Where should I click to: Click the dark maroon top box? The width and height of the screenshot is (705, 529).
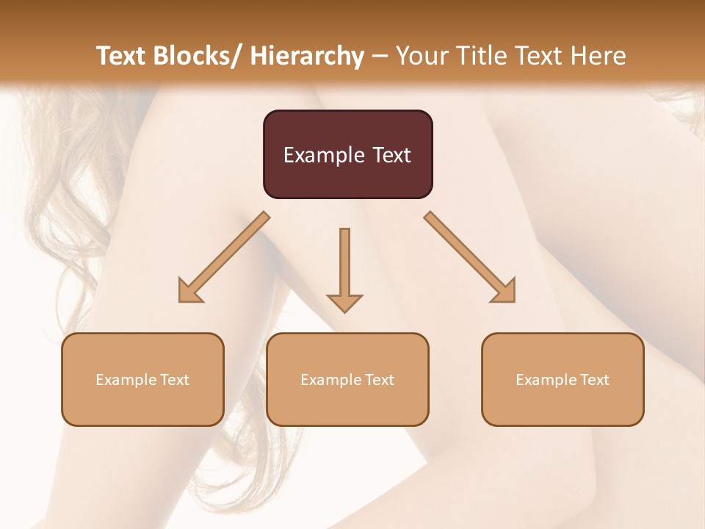pos(347,154)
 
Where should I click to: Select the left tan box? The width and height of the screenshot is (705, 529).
pos(142,379)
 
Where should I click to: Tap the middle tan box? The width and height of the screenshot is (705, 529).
pos(347,379)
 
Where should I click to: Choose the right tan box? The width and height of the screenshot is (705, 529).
pos(563,379)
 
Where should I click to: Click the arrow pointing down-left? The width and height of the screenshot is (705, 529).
pos(224,257)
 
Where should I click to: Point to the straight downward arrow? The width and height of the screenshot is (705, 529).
pos(344,269)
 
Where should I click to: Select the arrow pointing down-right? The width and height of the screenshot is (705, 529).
pos(470,257)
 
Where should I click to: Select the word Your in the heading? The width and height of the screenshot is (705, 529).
pos(421,56)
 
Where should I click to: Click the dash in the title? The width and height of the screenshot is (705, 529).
pos(380,57)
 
